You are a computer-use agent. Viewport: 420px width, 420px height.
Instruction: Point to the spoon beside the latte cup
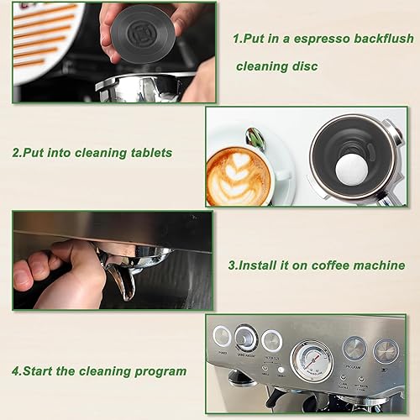[255, 138]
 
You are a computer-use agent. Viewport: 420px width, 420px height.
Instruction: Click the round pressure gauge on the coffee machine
[311, 360]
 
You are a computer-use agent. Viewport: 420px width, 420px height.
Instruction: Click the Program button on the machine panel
[354, 348]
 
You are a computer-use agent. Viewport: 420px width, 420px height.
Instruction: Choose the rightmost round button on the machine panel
[386, 349]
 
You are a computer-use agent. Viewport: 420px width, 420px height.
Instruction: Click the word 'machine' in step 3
[377, 265]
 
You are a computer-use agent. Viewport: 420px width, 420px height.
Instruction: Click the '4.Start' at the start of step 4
[36, 370]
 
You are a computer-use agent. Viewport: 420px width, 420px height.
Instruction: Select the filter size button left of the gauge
[272, 340]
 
